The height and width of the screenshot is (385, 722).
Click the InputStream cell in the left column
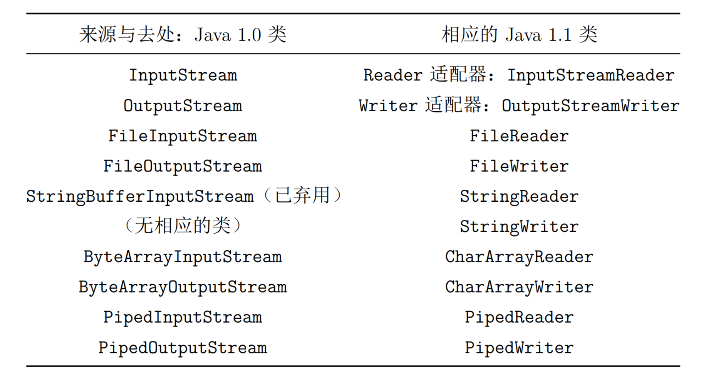(x=183, y=76)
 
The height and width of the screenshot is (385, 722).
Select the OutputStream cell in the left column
(x=183, y=106)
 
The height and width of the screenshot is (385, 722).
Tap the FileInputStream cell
(x=183, y=136)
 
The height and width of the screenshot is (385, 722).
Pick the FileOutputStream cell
(x=183, y=166)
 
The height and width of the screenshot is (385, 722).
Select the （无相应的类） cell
(x=183, y=226)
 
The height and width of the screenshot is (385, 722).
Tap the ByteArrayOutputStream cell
(x=183, y=287)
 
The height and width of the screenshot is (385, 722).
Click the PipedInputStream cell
(x=183, y=317)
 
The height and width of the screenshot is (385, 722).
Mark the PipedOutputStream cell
(x=183, y=348)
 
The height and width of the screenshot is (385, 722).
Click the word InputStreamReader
(x=591, y=76)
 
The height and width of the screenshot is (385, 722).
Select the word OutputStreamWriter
(x=591, y=106)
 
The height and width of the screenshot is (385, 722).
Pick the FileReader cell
(x=519, y=136)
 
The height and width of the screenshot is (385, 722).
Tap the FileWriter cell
(x=519, y=166)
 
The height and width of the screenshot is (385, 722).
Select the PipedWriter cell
(x=519, y=348)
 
